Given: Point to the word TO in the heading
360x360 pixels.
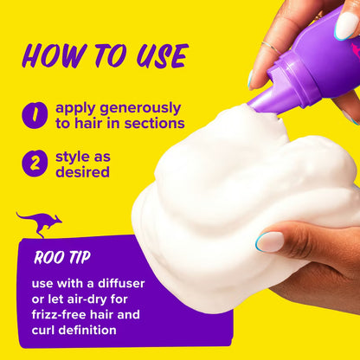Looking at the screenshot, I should coord(105,55).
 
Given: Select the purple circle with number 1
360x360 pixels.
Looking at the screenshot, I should coord(35,115).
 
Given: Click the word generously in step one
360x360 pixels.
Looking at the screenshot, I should coord(138,108).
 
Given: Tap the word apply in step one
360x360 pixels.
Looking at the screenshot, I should coord(75,108).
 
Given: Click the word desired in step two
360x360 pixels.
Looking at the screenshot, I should coord(84,172).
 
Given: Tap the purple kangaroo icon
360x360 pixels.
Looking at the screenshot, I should coord(39,223).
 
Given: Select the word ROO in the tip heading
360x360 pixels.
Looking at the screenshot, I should coord(48,257).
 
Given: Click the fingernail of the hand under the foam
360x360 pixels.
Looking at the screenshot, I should coord(269,241).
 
